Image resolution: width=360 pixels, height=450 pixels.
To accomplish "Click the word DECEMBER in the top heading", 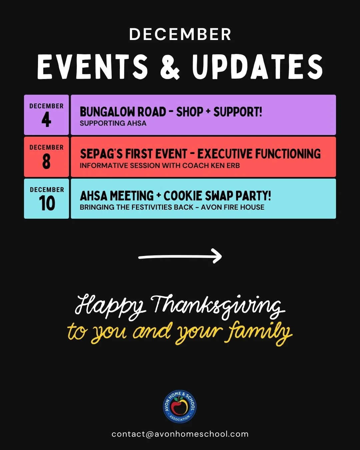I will (180, 34).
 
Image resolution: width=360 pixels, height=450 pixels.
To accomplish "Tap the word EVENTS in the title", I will (93, 67).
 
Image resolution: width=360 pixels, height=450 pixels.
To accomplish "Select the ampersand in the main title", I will (170, 67).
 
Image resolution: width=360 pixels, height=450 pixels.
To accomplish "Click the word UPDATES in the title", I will (257, 67).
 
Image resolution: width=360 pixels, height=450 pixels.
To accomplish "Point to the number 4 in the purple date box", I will (46, 120).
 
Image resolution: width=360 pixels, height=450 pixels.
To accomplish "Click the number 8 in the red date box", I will (46, 162).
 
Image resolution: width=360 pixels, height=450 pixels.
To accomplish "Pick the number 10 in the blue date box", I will (47, 203).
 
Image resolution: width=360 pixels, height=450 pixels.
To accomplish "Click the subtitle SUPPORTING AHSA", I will (113, 123).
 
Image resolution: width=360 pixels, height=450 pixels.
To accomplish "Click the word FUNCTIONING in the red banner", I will (288, 154).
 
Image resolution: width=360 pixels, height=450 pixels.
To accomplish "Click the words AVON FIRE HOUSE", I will (233, 207).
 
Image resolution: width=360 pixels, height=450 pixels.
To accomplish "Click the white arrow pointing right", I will (180, 257).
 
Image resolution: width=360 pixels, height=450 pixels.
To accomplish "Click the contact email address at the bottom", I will (180, 434).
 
